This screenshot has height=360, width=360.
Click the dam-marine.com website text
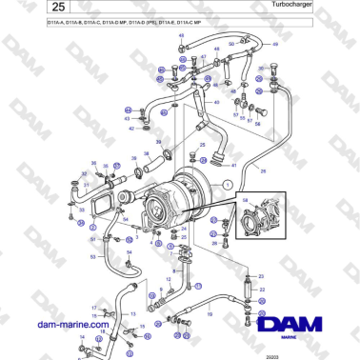[68, 324]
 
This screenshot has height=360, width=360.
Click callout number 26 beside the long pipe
[264, 171]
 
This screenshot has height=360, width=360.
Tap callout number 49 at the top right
[275, 46]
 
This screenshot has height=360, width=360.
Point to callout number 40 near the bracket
[217, 102]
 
